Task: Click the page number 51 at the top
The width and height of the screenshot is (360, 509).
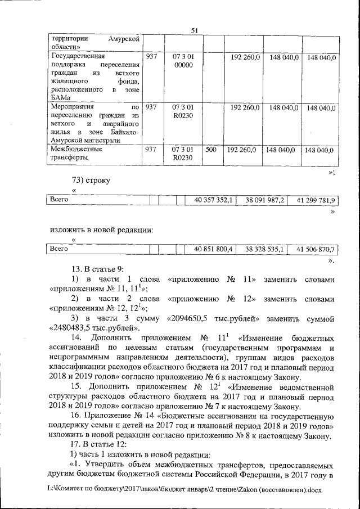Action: click(x=195, y=31)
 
